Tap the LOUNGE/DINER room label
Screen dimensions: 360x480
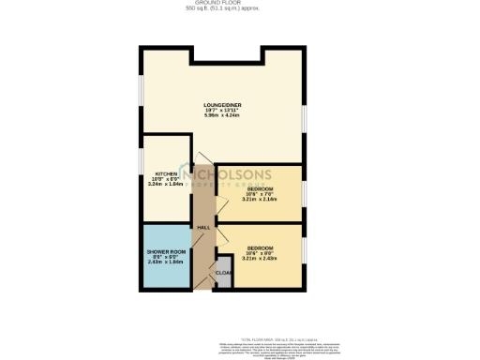coord(223,104)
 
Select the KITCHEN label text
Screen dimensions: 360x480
coord(166,174)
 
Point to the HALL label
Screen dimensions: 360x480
coord(202,227)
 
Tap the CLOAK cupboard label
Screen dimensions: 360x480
coord(223,273)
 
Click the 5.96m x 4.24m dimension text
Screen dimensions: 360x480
coord(223,115)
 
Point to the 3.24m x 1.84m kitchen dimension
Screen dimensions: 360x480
coord(166,186)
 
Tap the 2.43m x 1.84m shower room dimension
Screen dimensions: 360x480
coord(167,264)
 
